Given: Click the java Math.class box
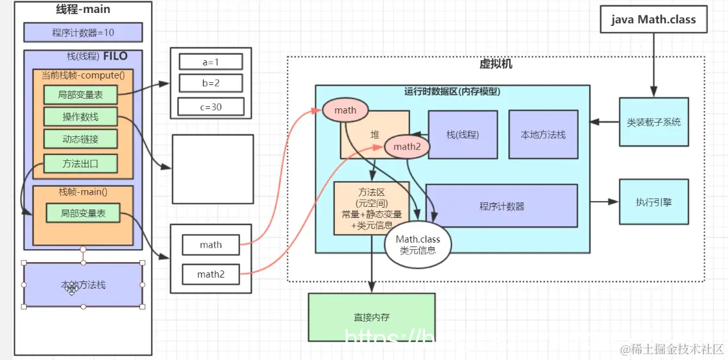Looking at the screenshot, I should click(x=653, y=19).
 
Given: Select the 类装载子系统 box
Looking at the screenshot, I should click(x=653, y=122).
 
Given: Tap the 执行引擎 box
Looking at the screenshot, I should click(x=653, y=202).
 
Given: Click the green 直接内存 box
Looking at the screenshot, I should click(x=371, y=317).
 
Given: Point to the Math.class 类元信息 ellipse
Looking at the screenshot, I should click(x=417, y=245).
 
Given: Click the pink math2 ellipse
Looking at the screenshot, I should click(x=407, y=147).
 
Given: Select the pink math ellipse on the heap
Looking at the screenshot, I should click(x=345, y=110).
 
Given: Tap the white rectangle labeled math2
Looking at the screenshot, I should click(x=210, y=274).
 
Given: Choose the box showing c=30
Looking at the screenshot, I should click(x=210, y=106).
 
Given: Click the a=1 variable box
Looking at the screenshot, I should click(x=210, y=62).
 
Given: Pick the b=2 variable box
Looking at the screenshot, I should click(x=210, y=84).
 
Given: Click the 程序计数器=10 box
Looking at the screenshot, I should click(x=83, y=32).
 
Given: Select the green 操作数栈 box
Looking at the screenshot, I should click(x=80, y=117).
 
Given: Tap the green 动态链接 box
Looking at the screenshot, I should click(x=80, y=139).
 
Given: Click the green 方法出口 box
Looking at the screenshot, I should click(x=80, y=163).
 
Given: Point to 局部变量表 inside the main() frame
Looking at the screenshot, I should click(x=82, y=213).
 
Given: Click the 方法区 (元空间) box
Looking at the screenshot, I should click(x=370, y=208).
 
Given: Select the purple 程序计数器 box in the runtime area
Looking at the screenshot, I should click(x=502, y=206).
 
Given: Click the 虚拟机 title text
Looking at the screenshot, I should click(x=496, y=64).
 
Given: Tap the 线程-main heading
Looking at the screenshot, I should click(x=83, y=9).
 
